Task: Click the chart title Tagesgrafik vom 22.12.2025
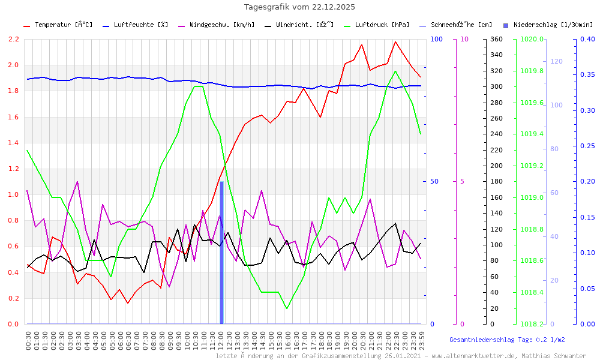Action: coord(299,7)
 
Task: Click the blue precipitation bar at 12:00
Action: coord(221,252)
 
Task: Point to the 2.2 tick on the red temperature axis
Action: coord(13,40)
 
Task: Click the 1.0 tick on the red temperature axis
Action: coord(13,195)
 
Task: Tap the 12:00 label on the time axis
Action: coord(221,340)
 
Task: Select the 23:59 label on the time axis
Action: coord(422,340)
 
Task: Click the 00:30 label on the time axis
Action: coord(28,340)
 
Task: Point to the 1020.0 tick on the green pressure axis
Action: coord(533,40)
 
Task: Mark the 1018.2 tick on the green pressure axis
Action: coord(533,324)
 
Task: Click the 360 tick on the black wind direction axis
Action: coord(496,40)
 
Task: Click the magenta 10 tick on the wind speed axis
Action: coord(464,40)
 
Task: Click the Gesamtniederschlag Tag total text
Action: coord(507,340)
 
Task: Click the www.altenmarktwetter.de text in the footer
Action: coord(485,356)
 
